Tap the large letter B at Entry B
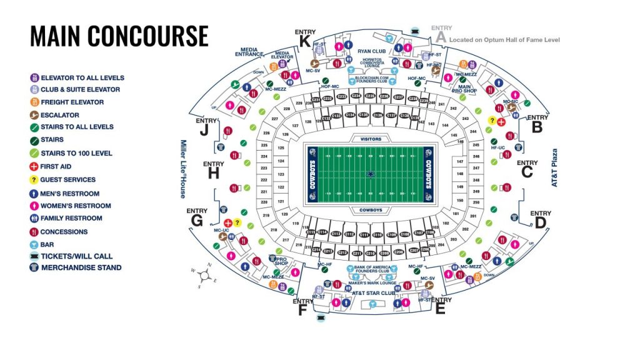(x=536, y=128)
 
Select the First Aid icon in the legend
(x=34, y=167)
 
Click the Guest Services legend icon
(x=34, y=180)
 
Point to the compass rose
(x=207, y=274)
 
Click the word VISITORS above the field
(x=367, y=138)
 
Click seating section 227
(x=274, y=119)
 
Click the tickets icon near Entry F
(x=321, y=319)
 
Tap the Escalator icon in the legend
(x=34, y=115)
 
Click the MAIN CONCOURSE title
(x=119, y=36)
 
